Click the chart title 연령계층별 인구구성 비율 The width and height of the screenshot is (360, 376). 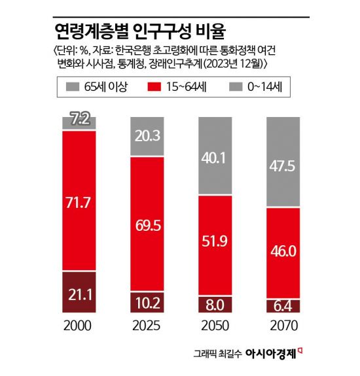(134, 31)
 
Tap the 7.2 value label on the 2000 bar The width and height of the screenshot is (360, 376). (79, 120)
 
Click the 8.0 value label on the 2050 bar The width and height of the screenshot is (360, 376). (215, 305)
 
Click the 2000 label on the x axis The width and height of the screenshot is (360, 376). (79, 325)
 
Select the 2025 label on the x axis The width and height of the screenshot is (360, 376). (147, 325)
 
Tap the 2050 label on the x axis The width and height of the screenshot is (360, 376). (215, 325)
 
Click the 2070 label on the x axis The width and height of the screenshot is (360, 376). (282, 325)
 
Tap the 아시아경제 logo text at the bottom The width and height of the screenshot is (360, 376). (271, 356)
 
